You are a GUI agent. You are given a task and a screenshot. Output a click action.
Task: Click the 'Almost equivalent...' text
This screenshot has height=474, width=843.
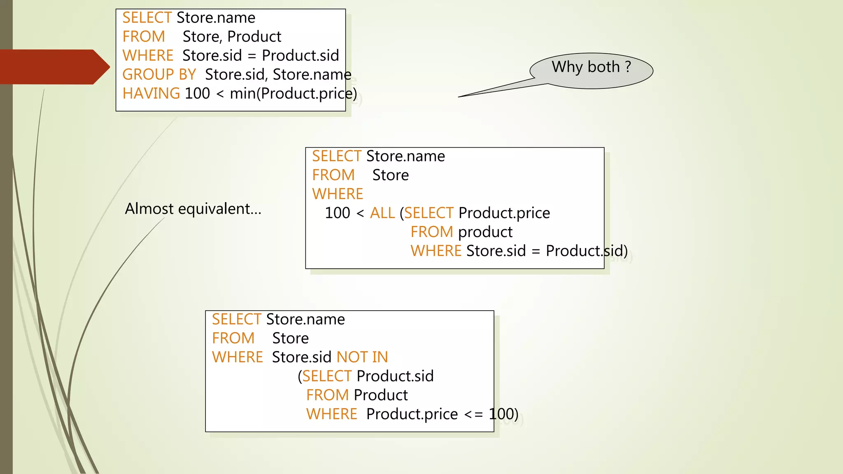(193, 209)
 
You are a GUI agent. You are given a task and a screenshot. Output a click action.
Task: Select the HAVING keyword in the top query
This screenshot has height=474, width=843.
(151, 93)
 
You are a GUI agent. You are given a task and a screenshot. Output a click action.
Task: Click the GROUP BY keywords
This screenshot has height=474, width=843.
(159, 74)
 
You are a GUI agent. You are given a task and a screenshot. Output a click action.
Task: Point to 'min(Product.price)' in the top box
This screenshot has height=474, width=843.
(293, 93)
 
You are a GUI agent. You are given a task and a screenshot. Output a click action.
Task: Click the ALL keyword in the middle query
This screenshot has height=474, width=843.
(382, 213)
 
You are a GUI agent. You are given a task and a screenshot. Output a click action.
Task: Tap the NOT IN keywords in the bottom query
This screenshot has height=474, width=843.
(362, 357)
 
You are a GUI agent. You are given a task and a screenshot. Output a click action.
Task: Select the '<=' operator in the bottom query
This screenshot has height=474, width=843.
(473, 414)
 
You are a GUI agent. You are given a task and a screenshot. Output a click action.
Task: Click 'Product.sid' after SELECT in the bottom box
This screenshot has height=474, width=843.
(395, 376)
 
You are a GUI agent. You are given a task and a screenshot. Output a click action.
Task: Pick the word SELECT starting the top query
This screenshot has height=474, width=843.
(147, 18)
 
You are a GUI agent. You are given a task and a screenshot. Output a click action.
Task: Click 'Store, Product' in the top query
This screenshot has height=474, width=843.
(232, 37)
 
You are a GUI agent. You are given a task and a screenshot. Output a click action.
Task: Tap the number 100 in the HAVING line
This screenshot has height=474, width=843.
(197, 93)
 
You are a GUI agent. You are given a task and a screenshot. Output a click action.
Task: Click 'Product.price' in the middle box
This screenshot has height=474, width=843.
(504, 213)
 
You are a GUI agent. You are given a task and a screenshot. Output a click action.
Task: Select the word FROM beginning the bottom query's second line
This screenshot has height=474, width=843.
(233, 338)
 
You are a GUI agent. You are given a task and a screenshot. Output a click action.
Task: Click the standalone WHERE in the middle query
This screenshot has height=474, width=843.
(338, 194)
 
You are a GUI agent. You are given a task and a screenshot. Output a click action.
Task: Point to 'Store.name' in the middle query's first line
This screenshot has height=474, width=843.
(405, 156)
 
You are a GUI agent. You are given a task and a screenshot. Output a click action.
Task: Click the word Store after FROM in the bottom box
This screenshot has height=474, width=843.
(290, 338)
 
